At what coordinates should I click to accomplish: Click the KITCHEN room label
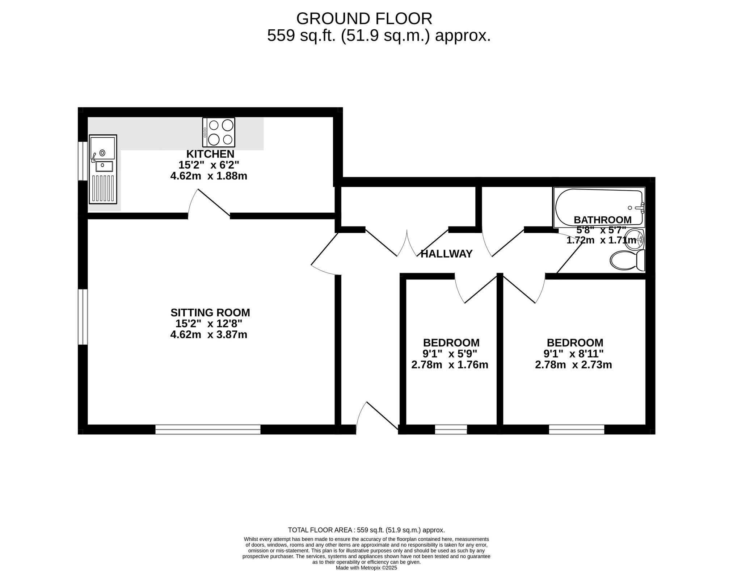210,154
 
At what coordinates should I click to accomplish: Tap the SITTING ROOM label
210,312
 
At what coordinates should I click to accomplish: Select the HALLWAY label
446,254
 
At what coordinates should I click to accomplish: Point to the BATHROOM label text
603,220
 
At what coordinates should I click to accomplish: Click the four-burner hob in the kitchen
219,132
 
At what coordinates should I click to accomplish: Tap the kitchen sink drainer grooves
103,188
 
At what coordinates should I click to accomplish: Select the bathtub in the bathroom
599,207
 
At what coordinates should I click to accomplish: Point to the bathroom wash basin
635,239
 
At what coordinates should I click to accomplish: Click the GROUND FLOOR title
364,18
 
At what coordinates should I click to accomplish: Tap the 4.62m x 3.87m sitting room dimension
209,334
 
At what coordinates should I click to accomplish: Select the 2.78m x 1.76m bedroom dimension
450,364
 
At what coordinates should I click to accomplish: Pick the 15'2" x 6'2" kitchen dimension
209,165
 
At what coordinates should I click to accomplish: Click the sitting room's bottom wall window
208,429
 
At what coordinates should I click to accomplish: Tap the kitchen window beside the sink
83,161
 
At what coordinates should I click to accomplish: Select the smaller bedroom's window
451,429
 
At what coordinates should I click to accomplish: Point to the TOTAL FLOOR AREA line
366,530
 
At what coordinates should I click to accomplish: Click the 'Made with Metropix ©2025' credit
366,568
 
